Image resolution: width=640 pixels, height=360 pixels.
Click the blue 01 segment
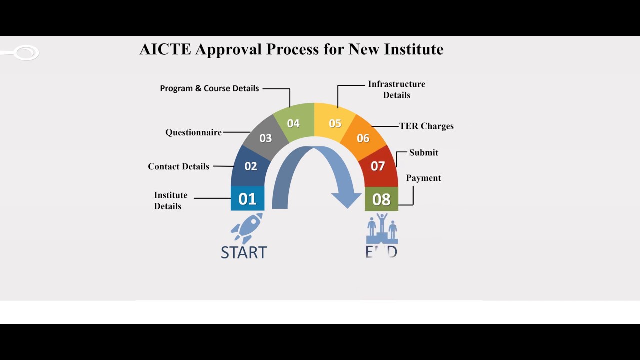coord(247,199)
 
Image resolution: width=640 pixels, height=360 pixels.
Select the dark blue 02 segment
coord(250,166)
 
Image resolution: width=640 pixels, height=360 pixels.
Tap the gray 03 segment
coord(265,138)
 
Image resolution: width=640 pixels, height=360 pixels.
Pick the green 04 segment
coord(294,123)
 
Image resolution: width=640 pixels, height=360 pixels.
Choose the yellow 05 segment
coord(335,123)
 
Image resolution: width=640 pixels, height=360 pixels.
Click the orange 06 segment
coord(363,138)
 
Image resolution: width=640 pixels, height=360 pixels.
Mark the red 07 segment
coord(378,166)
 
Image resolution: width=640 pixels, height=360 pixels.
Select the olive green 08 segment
coord(381,199)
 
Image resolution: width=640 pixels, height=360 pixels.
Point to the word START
coord(244,252)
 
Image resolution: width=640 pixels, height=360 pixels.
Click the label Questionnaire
coord(193,132)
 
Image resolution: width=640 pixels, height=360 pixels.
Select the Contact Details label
coord(178,166)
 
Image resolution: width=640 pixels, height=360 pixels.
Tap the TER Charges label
coord(426,126)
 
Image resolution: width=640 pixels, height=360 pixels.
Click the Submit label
coord(423,152)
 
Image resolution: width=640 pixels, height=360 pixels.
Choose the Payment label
coord(423,178)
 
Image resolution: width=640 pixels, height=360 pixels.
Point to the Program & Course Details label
coord(209,88)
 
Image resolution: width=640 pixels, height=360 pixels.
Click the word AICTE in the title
coord(165,49)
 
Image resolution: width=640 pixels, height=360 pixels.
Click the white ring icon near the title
coord(26,52)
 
